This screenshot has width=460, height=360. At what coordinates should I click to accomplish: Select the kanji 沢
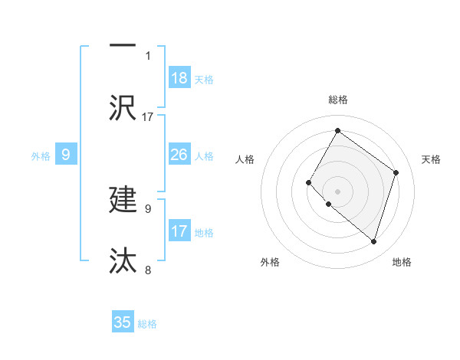click(x=123, y=108)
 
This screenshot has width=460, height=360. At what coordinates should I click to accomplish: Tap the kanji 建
click(x=123, y=199)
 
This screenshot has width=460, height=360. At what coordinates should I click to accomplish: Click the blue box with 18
click(x=179, y=78)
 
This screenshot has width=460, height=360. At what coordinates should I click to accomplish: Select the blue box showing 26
click(x=179, y=155)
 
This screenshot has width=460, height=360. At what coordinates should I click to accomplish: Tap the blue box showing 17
click(x=179, y=231)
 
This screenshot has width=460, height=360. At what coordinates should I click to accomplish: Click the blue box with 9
click(x=66, y=155)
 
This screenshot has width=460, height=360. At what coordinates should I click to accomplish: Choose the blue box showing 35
click(x=123, y=322)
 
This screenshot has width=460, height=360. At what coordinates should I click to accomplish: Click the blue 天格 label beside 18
click(x=204, y=80)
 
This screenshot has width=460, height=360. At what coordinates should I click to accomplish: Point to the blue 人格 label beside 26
click(x=204, y=156)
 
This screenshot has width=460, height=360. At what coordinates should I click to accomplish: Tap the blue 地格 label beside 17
click(x=204, y=233)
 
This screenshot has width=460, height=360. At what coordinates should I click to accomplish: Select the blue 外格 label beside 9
click(x=41, y=156)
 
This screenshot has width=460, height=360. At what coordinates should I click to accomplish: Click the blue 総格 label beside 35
click(x=147, y=324)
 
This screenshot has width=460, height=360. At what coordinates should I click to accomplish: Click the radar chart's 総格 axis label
click(x=337, y=100)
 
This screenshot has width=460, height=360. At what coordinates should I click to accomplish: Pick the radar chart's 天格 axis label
click(x=432, y=159)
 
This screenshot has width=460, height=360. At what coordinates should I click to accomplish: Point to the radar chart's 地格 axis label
click(x=402, y=262)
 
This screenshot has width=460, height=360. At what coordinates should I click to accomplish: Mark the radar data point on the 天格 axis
click(x=396, y=172)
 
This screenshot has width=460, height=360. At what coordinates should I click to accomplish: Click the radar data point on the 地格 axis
click(x=373, y=241)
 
